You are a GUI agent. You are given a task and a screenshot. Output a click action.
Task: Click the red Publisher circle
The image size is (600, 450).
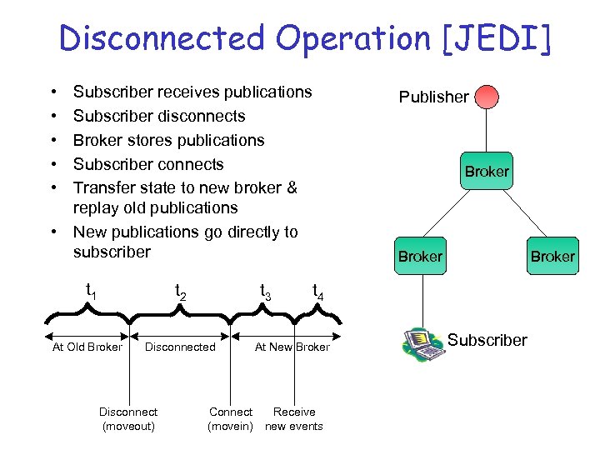pos(486,96)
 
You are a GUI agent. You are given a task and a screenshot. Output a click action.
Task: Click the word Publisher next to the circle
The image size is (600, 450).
pos(433,97)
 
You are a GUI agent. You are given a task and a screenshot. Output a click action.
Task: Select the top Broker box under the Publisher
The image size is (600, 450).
pos(486,171)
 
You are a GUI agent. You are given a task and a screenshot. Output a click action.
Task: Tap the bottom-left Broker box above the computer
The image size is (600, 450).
pos(420,256)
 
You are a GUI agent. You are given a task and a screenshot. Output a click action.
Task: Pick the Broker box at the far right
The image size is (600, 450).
pos(553,256)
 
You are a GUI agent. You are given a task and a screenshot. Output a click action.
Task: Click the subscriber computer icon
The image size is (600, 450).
pos(424,342)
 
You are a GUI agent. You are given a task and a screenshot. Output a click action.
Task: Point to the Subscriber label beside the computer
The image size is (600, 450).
pos(487,340)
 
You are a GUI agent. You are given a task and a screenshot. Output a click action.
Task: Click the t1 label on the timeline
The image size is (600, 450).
pos(92,290)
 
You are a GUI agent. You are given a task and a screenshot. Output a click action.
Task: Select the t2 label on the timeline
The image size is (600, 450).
pos(179,292)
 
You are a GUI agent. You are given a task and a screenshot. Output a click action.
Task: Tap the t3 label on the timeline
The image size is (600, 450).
pos(265,292)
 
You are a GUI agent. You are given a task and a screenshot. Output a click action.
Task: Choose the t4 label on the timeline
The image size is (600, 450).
pos(317,292)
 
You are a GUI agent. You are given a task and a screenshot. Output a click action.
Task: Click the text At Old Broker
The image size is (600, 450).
pos(87,347)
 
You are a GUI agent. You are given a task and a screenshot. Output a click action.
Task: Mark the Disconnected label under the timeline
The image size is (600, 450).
pos(180,347)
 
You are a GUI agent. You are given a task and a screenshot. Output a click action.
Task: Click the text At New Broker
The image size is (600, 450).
pos(292,347)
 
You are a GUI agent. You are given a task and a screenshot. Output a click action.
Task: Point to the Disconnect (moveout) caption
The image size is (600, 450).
pos(128,419)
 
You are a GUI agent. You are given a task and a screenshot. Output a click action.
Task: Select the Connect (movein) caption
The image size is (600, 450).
pos(231,419)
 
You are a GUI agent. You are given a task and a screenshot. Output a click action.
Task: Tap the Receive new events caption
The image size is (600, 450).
pos(294,419)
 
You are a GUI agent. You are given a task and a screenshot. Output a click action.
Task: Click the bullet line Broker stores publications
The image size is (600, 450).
pos(168,140)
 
